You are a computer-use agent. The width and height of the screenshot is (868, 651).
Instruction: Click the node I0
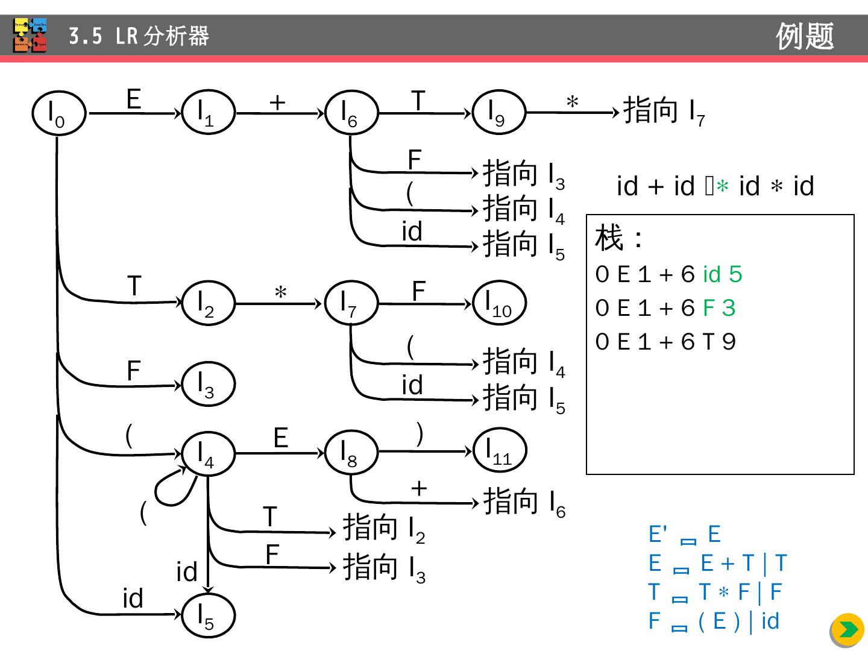coord(58,113)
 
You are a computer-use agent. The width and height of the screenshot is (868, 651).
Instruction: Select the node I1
coord(208,113)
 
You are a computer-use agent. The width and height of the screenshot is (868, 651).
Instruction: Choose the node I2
coord(208,303)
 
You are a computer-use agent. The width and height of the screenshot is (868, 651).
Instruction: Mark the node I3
coord(208,384)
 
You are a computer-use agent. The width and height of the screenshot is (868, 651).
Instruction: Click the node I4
coord(208,453)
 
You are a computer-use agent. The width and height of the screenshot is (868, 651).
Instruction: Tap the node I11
coord(500,450)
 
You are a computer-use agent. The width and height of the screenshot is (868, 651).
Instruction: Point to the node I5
coord(208,615)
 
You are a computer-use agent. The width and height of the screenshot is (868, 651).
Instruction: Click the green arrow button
coord(848,630)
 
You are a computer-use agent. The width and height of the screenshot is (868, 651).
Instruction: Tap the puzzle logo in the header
coord(30,36)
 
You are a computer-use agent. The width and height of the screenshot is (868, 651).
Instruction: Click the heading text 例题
coord(805,36)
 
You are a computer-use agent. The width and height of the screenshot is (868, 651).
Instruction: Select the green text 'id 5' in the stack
coord(722,274)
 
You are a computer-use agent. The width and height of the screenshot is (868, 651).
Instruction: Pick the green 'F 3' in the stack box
coord(719,308)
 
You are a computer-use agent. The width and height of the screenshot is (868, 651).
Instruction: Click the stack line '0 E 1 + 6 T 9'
coord(665,342)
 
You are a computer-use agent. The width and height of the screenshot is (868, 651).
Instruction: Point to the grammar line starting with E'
coord(684,535)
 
